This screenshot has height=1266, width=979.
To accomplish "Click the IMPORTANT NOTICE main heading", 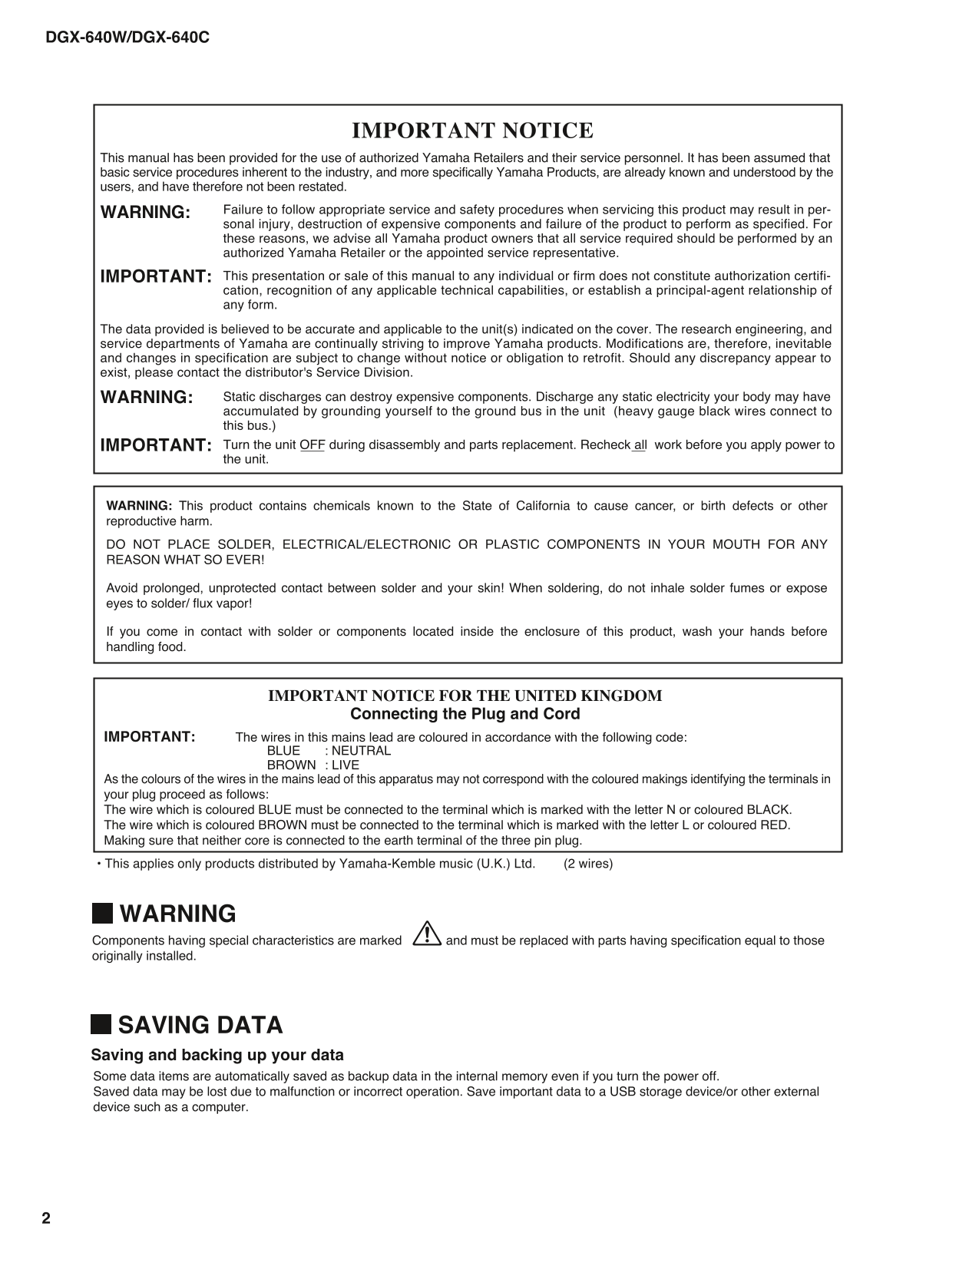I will pos(472,131).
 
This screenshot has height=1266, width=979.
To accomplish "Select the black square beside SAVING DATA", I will pos(101,1025).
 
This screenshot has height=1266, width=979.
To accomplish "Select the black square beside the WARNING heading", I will pos(101,914).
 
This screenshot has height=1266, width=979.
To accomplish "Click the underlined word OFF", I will pos(313,445).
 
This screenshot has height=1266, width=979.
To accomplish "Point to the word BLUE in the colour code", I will pos(283,751).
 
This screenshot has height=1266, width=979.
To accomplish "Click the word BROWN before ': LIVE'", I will pos(291,765).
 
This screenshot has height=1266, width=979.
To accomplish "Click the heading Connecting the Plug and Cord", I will pos(465,714).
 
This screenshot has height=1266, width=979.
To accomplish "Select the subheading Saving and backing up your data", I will pos(217,1055).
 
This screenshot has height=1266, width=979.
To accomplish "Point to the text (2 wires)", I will pos(588,864).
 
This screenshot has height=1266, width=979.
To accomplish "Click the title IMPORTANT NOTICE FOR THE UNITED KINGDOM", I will pos(465,696).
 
